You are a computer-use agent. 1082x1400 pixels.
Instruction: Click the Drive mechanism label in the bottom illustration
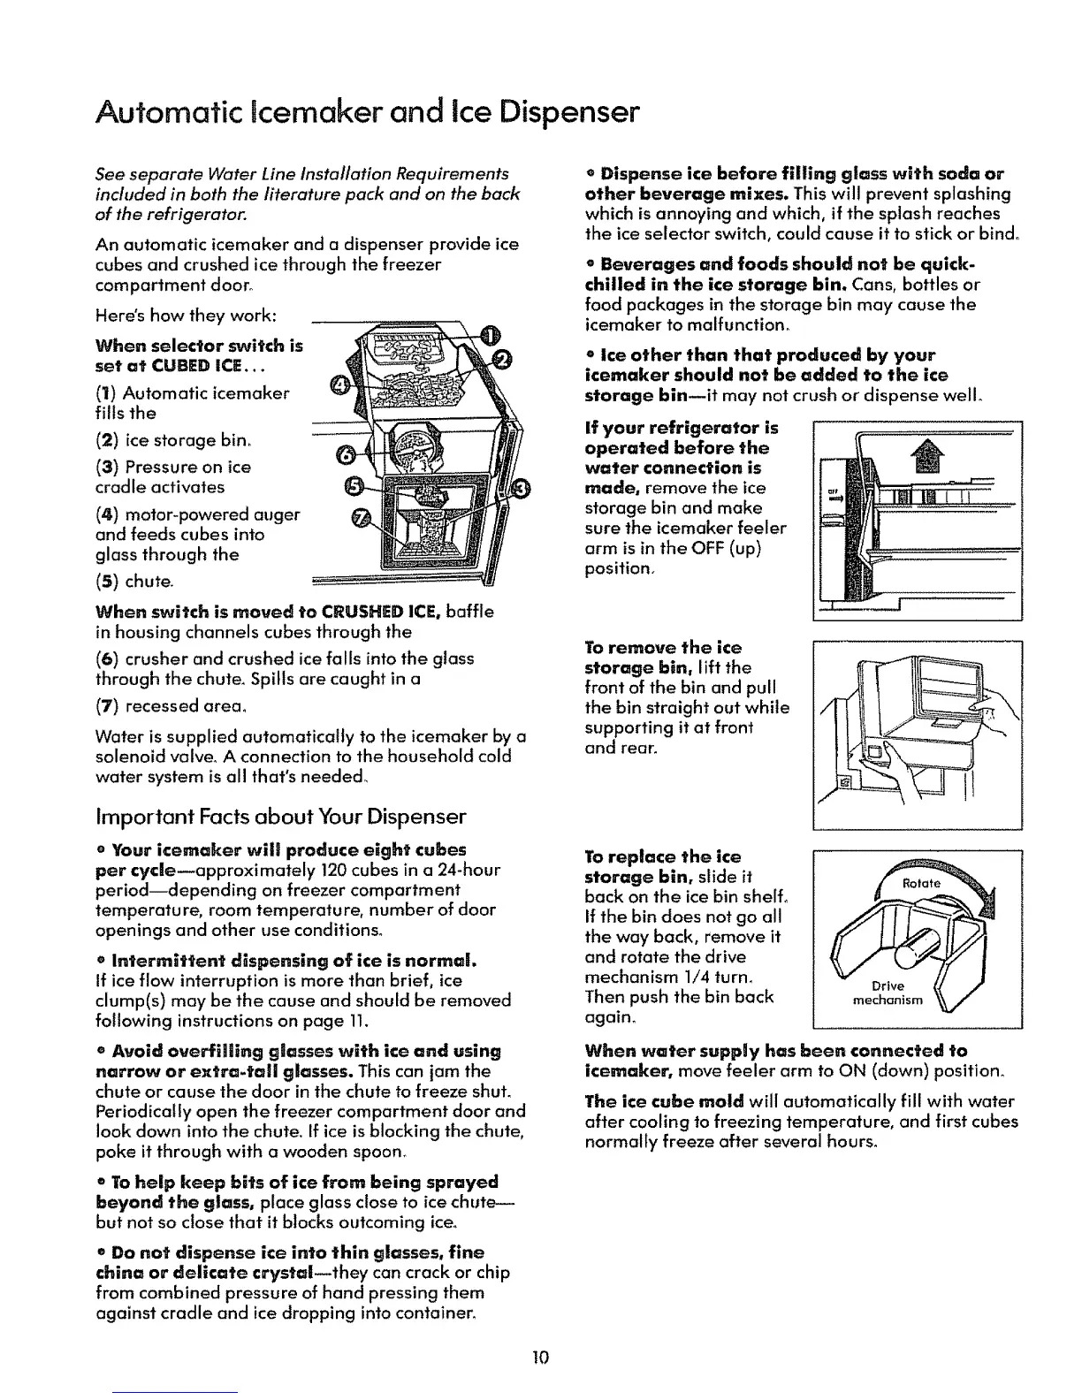coord(886,993)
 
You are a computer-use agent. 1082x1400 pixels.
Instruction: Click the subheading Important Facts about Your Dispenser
coord(281,814)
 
